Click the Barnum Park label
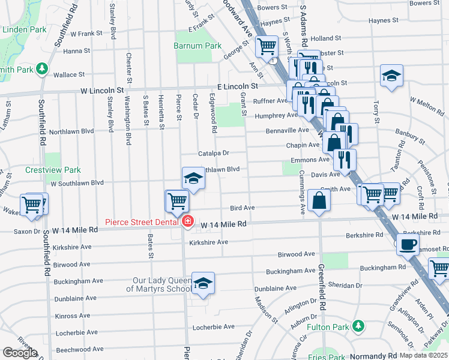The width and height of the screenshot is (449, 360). coord(197,46)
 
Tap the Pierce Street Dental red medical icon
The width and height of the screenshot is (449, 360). coord(188,222)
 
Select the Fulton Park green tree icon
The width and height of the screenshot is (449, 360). coord(358,326)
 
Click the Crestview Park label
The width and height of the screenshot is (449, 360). coord(53,170)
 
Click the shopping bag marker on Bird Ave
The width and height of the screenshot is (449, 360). coord(319,200)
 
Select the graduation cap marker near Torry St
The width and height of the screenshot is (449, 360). coord(391,76)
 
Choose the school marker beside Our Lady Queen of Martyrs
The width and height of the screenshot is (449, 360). coord(203,283)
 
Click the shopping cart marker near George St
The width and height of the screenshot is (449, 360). coord(266,46)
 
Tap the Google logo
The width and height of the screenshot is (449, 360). coord(20,353)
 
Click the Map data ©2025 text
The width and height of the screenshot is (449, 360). coord(423,355)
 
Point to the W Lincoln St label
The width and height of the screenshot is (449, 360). coord(101,90)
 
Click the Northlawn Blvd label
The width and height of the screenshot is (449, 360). coord(71,131)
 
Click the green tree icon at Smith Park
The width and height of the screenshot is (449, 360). coord(41,69)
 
